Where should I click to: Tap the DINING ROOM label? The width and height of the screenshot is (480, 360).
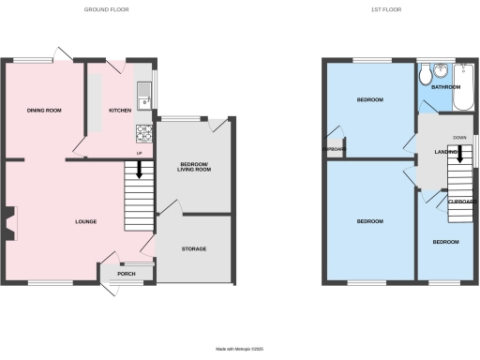(44, 111)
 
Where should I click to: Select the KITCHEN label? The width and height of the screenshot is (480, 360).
(120, 111)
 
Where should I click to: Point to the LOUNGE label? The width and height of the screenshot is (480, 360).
(86, 221)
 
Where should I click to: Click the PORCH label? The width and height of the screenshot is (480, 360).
(126, 274)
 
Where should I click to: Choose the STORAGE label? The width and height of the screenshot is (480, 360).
(193, 248)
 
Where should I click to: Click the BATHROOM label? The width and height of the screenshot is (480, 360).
(444, 87)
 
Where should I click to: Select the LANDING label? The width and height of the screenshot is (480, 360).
(432, 151)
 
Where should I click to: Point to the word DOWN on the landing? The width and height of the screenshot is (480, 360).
(459, 137)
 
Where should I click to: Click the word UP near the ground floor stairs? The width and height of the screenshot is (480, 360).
(139, 153)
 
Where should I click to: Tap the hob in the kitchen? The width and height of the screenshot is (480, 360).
(144, 130)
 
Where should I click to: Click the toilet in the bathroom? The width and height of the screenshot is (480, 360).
(427, 71)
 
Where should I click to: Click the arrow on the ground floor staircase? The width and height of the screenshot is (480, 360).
(139, 170)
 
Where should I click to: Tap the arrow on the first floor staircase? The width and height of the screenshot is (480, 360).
(459, 154)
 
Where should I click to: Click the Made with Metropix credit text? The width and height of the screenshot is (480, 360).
(240, 348)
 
